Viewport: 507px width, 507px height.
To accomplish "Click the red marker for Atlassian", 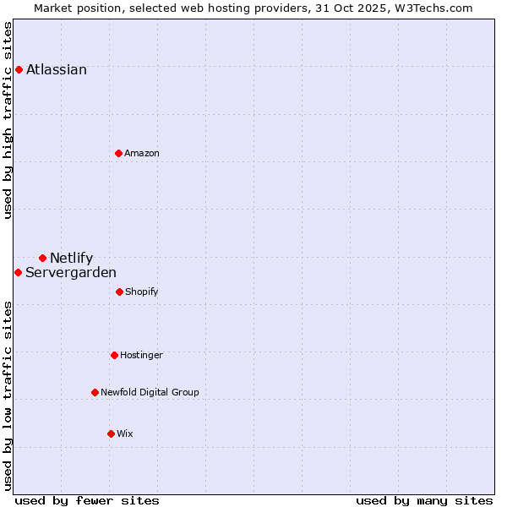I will click(x=19, y=69).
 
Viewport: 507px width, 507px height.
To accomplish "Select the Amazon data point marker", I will click(x=118, y=153).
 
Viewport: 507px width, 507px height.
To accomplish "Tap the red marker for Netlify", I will click(x=42, y=258).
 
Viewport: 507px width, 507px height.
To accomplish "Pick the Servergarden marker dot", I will click(x=18, y=272).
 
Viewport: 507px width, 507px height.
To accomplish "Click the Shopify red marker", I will click(x=119, y=292).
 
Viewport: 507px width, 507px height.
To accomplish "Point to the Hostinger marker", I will click(x=114, y=355).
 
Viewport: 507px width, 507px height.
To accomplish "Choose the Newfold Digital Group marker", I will click(x=95, y=392).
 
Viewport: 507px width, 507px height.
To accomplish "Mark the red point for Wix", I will click(x=111, y=433).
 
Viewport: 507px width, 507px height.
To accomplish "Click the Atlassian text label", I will click(x=57, y=70).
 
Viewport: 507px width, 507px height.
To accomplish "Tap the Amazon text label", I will click(x=142, y=154).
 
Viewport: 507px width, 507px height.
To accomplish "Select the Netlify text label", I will click(x=71, y=259).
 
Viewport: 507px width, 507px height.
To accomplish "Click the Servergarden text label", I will click(x=71, y=273).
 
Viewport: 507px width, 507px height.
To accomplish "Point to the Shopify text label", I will click(x=142, y=292).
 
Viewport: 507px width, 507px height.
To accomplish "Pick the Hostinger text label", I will click(x=141, y=356).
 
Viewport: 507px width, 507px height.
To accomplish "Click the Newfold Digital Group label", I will click(x=150, y=393).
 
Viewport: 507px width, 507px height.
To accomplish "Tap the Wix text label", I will click(x=125, y=434).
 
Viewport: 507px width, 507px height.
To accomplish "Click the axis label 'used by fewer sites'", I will click(x=87, y=500).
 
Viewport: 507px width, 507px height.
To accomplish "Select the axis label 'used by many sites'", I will click(x=424, y=500).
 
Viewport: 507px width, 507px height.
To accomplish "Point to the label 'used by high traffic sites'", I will click(x=8, y=120).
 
